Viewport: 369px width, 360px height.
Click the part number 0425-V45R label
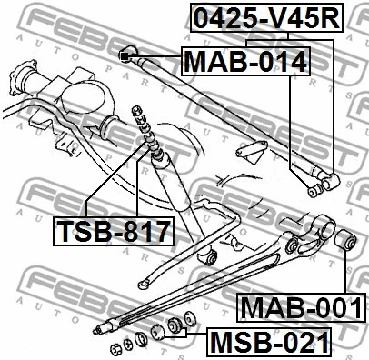point(264,17)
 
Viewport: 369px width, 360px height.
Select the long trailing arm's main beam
point(209,283)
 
